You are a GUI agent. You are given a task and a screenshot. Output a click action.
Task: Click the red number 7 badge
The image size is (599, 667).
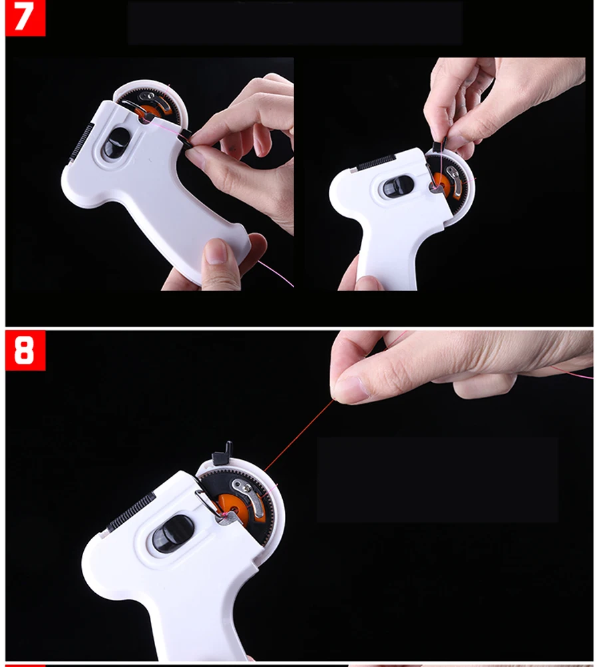click(25, 18)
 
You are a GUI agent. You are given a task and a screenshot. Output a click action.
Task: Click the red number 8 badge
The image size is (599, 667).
click(25, 351)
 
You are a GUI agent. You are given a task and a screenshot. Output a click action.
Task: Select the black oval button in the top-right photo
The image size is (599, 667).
click(398, 187)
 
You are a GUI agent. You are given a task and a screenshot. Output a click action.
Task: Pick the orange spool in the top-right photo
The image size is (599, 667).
click(444, 183)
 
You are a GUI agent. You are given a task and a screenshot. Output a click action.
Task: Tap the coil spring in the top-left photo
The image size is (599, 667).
click(81, 142)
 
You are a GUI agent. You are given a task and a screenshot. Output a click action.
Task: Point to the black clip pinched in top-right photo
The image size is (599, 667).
click(439, 146)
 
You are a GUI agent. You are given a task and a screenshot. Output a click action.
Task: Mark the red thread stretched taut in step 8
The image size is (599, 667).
click(299, 435)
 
